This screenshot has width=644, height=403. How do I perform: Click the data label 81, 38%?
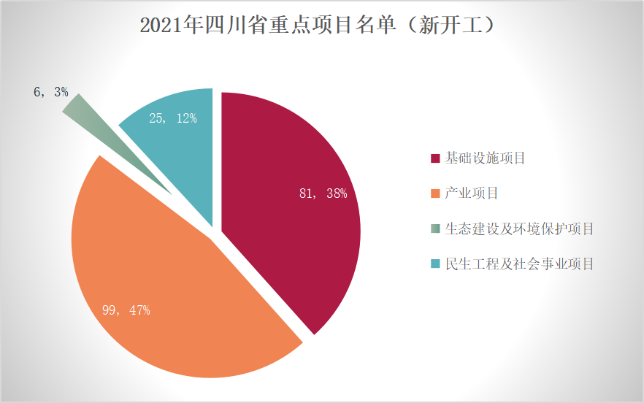click(x=323, y=193)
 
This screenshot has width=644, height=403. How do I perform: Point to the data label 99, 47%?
click(x=126, y=310)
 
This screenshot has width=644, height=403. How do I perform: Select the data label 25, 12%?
click(x=173, y=118)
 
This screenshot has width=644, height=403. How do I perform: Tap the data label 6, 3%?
click(x=50, y=92)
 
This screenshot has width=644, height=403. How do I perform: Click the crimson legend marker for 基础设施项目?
click(x=435, y=158)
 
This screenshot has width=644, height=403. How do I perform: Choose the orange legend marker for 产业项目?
click(x=435, y=193)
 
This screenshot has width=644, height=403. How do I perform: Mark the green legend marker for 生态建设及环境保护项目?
click(x=435, y=229)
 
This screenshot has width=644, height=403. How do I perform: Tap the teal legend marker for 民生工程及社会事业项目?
click(x=435, y=264)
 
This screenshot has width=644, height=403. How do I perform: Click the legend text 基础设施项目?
click(x=485, y=158)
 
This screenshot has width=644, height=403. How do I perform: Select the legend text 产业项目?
click(x=471, y=193)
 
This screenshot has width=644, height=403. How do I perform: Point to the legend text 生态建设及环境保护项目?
click(x=519, y=229)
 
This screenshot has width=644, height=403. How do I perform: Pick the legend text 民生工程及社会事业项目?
click(x=519, y=264)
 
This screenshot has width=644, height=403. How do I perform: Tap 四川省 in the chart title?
click(x=223, y=26)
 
